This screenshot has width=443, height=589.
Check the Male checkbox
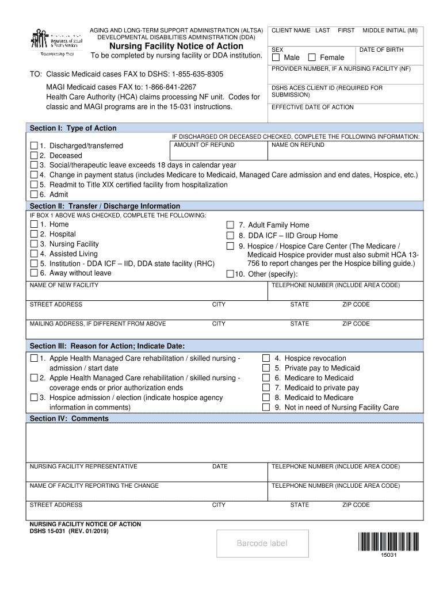[276, 58]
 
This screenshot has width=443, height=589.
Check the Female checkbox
[312, 58]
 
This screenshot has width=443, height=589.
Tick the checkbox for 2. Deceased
[34, 155]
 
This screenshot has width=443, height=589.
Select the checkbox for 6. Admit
[34, 194]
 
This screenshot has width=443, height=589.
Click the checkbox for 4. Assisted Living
[34, 254]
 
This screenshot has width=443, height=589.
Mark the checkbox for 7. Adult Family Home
[230, 225]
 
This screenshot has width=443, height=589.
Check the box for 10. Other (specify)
[230, 274]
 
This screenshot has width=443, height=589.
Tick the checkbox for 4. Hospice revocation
[266, 358]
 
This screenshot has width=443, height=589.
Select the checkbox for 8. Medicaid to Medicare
[266, 397]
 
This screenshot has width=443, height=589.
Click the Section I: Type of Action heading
[73, 128]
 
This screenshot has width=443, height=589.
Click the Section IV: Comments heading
[69, 419]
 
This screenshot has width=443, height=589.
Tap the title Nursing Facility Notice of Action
[177, 46]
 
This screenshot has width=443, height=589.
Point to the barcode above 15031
[388, 542]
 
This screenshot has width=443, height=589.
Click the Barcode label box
[263, 544]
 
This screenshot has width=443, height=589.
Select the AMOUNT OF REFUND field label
[196, 145]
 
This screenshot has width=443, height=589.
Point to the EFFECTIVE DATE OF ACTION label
[312, 108]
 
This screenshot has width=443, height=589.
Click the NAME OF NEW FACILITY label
[64, 285]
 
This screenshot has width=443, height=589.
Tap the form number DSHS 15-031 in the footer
[48, 531]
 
